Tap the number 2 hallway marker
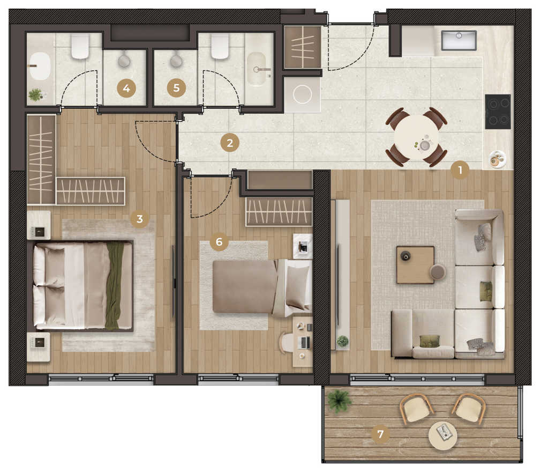click(x=230, y=143)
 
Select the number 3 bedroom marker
click(x=139, y=219)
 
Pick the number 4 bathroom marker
click(x=126, y=88)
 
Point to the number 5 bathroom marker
click(x=176, y=87)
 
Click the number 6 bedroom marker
click(x=219, y=241)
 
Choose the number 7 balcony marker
click(x=380, y=434)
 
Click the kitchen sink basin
click(x=459, y=40)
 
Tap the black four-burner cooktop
click(x=498, y=112)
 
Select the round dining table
click(x=417, y=137)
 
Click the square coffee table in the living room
click(x=415, y=264)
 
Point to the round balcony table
click(x=443, y=436)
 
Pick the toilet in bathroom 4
click(x=80, y=46)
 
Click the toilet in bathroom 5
click(x=220, y=46)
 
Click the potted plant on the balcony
click(x=339, y=401)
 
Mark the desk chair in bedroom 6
click(x=287, y=343)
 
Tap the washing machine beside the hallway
click(x=302, y=94)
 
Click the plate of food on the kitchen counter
click(x=497, y=159)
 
